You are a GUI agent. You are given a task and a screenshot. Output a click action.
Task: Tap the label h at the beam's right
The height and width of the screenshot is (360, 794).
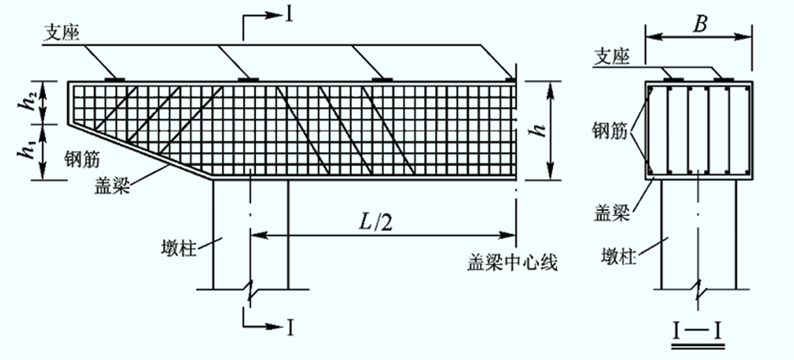tap(541, 131)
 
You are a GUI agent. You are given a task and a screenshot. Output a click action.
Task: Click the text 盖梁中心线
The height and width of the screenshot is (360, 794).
tap(512, 263)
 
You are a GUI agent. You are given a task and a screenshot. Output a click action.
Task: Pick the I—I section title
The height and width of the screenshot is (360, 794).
tap(697, 332)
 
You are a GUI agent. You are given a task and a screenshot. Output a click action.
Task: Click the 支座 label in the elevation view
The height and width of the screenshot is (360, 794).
tap(64, 33)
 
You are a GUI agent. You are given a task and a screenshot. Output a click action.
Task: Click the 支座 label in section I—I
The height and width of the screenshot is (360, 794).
tap(612, 58)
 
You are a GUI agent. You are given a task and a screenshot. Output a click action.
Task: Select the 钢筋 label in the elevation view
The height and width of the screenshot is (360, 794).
tap(82, 160)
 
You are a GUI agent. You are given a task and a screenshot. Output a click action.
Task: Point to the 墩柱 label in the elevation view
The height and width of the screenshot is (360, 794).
tap(177, 249)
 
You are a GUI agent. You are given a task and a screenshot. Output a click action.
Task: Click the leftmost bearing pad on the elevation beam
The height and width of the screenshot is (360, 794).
tap(114, 79)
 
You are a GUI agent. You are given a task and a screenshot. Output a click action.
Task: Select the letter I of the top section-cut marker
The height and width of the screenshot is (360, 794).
tap(289, 15)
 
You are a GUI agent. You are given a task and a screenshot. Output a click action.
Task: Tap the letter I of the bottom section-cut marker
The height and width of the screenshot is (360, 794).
tap(290, 328)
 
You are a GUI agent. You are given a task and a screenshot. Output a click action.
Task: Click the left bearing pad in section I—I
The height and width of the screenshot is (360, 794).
tap(673, 79)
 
